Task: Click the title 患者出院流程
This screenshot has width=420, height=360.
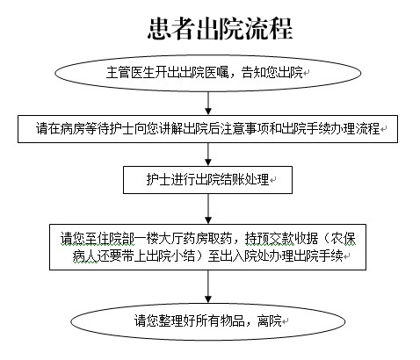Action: [x=221, y=28]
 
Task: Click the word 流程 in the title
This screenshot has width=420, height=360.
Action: [x=269, y=28]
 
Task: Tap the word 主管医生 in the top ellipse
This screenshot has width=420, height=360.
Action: [x=131, y=73]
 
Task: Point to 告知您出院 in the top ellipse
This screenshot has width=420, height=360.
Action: [x=272, y=73]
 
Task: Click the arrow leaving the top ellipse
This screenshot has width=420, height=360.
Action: [x=208, y=103]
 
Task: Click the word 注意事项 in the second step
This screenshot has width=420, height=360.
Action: [x=244, y=129]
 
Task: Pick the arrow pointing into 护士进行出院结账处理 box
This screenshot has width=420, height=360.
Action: [x=208, y=155]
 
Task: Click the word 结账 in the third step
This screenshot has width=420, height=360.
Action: [x=232, y=180]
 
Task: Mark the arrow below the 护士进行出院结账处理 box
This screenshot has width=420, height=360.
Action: [x=208, y=209]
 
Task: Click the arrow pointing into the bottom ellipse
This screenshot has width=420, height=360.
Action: [x=208, y=286]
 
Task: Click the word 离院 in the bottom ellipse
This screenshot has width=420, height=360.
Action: [x=270, y=321]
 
